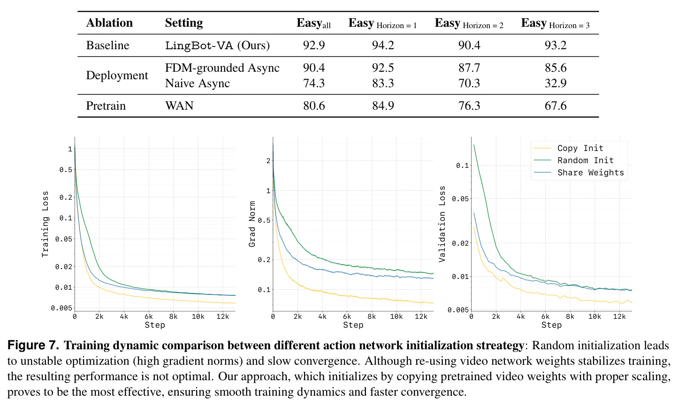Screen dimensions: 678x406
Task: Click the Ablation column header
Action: coord(109,23)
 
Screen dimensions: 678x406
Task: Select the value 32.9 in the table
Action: coord(556,83)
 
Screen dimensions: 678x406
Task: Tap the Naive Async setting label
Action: coord(198,83)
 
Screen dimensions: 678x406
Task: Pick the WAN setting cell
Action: coord(179,105)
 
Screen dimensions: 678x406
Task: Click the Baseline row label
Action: coord(108,45)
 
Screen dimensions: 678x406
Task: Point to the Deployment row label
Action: coord(117,75)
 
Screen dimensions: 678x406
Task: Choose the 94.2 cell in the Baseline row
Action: coord(383,45)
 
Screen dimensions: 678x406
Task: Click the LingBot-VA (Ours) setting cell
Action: coord(217,45)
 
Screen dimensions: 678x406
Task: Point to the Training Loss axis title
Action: coord(45,224)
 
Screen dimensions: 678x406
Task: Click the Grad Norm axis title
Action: coord(252,224)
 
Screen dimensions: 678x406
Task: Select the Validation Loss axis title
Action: coord(442,224)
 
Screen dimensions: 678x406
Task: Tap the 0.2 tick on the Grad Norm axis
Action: coord(264,260)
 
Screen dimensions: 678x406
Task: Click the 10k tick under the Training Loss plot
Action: coord(198,316)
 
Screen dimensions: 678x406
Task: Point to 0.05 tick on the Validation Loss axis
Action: coord(460,199)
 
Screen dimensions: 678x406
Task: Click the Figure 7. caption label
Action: coord(33,345)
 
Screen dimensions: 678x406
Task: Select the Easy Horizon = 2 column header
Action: coord(469,23)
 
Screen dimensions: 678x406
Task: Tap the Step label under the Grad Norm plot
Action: coord(353,325)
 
